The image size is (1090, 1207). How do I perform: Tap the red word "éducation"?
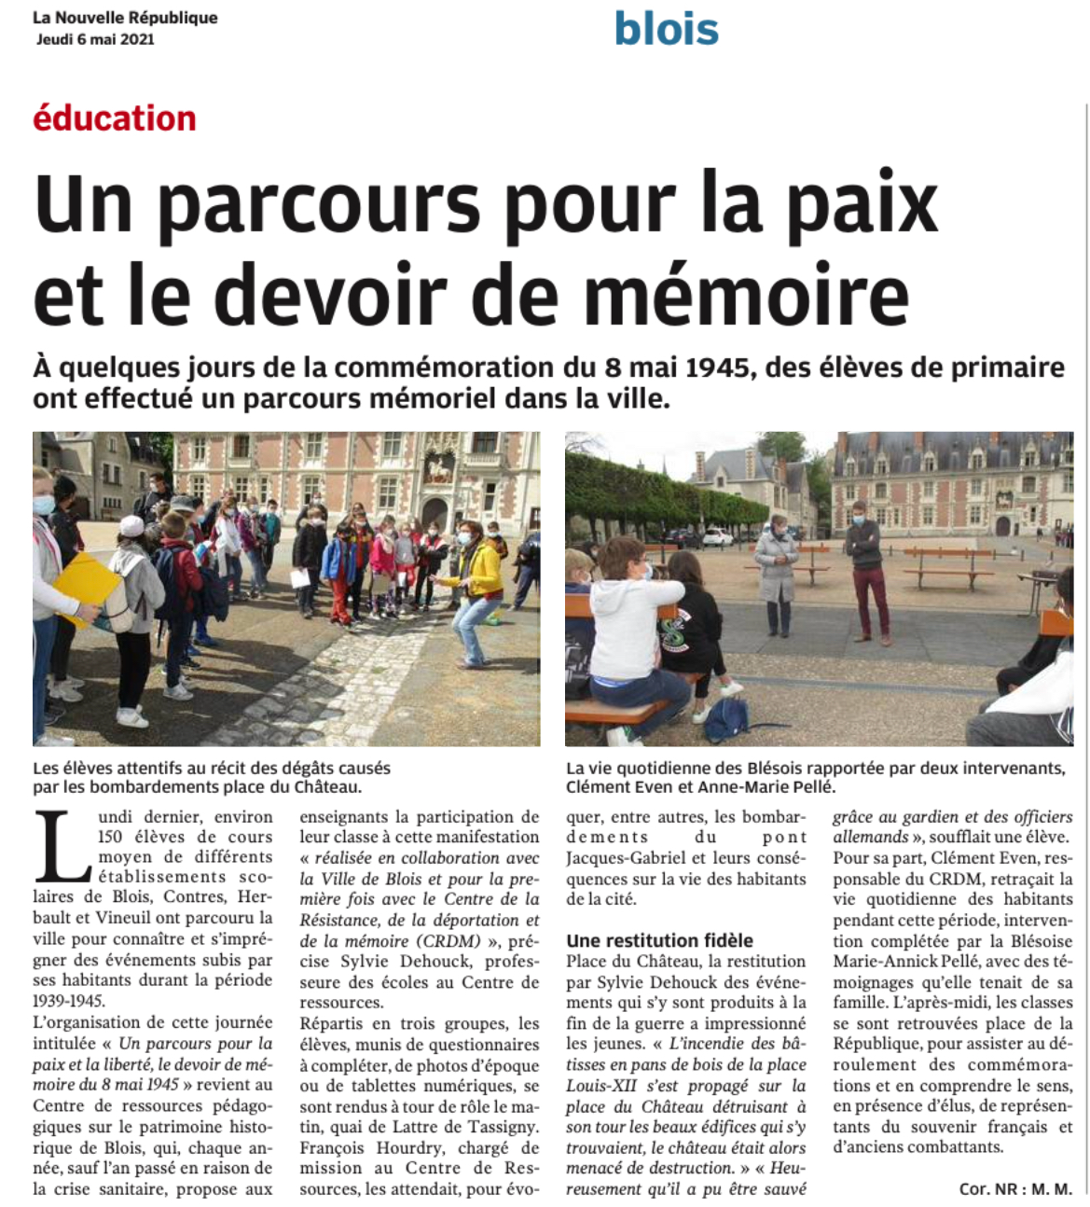115,118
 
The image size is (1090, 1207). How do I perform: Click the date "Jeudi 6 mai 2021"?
95,39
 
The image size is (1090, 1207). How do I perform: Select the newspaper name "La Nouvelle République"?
125,18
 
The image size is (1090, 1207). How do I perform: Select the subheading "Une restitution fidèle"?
659,940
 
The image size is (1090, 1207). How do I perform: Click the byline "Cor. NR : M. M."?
1015,1189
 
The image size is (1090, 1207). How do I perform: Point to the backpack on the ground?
727,719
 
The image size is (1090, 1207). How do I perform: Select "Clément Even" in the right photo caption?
611,787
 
